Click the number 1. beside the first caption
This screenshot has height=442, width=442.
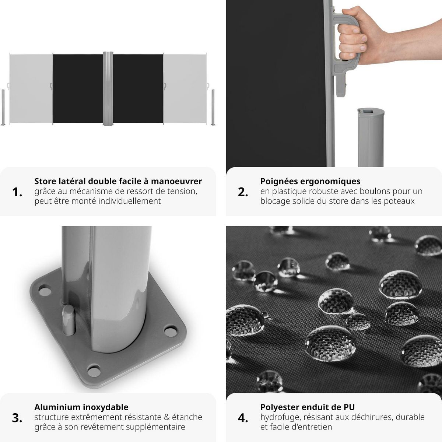pos(17,192)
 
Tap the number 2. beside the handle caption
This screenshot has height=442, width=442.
pos(243,192)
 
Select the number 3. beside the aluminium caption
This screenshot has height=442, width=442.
pos(17,418)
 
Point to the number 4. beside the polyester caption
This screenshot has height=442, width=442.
pos(243,418)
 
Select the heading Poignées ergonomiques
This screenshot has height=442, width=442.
pos(310,181)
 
